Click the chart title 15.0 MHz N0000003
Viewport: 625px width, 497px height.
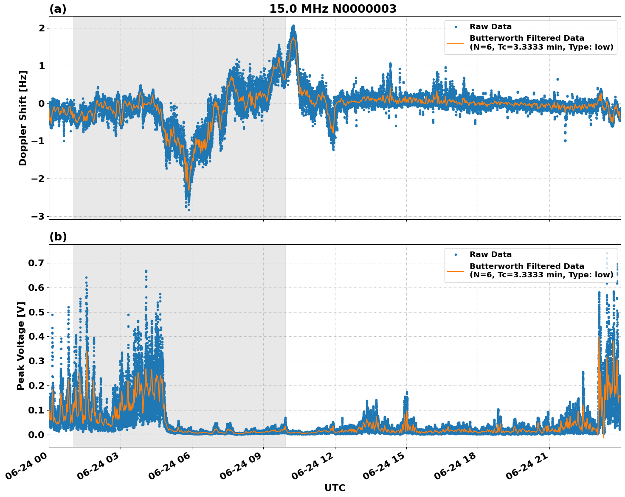(x=332, y=9)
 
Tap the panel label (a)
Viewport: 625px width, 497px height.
(x=58, y=9)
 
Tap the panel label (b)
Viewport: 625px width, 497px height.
(x=58, y=237)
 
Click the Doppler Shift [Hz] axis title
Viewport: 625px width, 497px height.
(x=23, y=118)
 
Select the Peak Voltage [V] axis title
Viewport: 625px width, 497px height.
(x=21, y=346)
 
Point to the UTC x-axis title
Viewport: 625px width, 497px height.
(x=335, y=488)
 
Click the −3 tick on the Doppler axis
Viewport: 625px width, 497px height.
(x=38, y=216)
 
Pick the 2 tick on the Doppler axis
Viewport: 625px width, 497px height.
(x=42, y=28)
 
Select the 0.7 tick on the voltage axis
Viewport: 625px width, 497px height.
(x=37, y=263)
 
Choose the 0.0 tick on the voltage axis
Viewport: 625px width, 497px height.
(x=37, y=435)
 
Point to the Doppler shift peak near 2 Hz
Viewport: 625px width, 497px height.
(x=293, y=27)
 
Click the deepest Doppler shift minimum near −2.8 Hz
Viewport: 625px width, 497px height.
(x=189, y=209)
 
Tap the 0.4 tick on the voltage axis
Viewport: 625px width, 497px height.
(x=37, y=337)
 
